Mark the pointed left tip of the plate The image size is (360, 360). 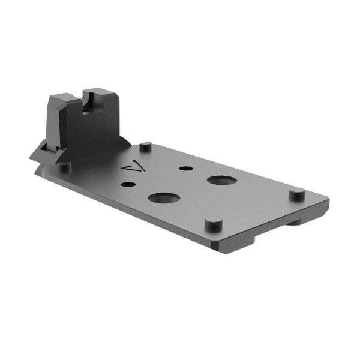[30, 157]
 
